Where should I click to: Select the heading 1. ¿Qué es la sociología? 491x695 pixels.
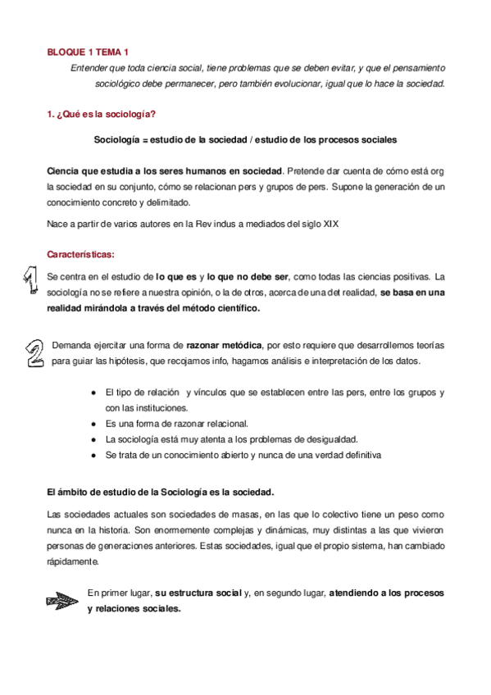(101, 114)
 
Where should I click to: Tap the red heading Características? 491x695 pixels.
(81, 254)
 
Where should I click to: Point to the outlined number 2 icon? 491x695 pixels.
(34, 352)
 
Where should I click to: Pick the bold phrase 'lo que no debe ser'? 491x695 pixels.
(242, 276)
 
